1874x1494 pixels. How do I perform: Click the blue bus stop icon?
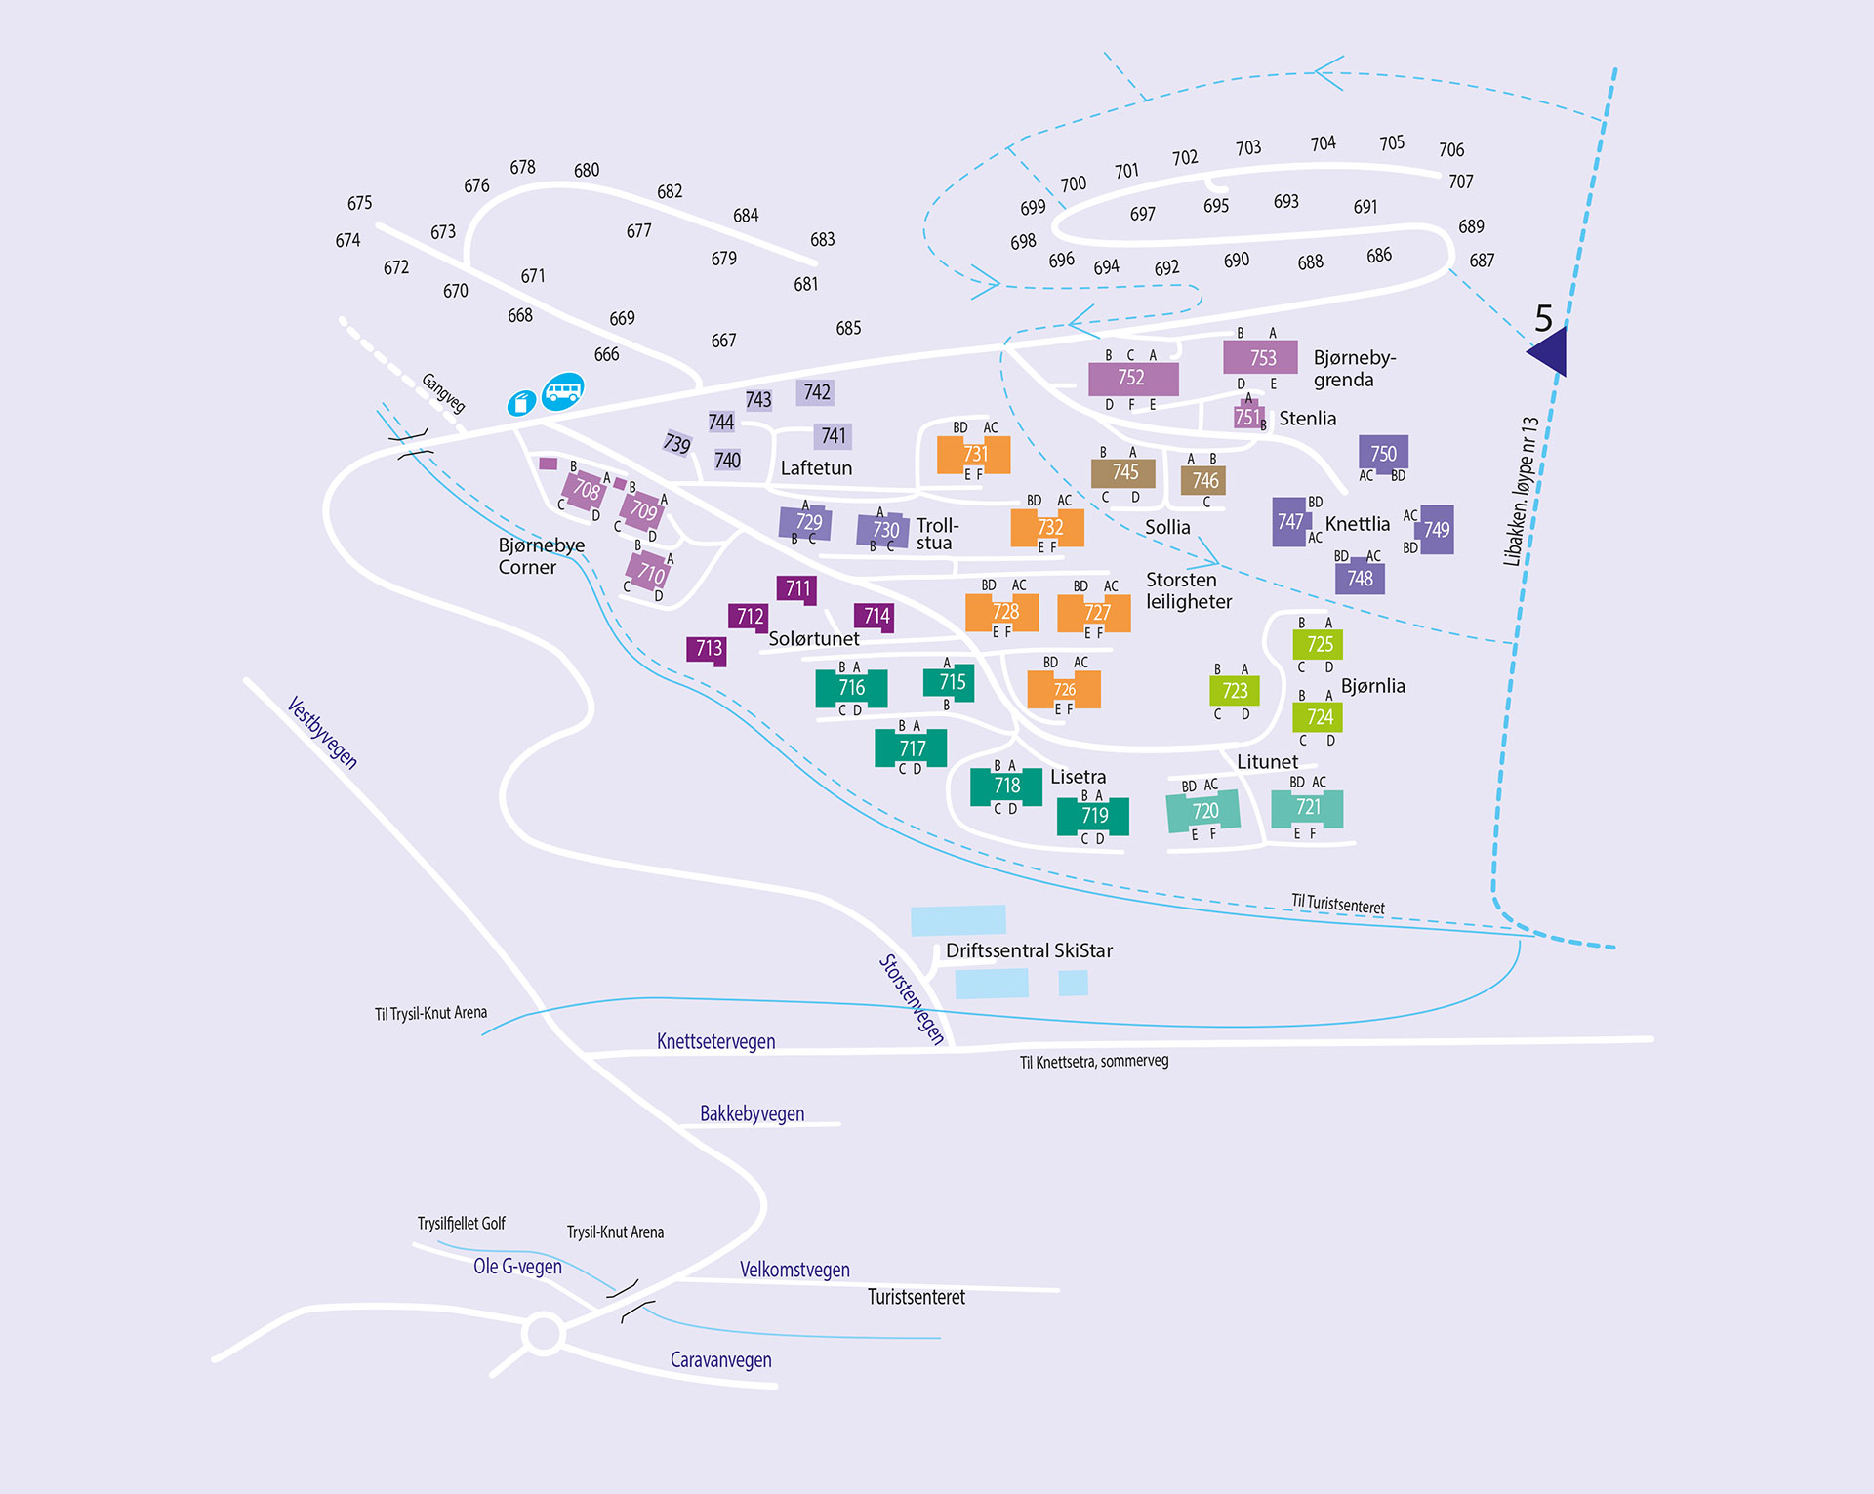tap(562, 391)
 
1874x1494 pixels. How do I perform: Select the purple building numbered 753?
tap(1261, 358)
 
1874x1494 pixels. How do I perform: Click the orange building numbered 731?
tap(974, 454)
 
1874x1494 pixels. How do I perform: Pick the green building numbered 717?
tap(912, 748)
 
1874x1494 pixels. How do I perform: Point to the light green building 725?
tap(1319, 644)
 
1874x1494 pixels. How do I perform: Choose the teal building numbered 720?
tap(1204, 811)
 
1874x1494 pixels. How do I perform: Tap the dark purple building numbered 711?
tap(797, 588)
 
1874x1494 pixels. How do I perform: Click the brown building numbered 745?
tap(1124, 472)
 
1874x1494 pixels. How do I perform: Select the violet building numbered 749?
tap(1437, 530)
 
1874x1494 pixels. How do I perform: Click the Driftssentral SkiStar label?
tap(1029, 950)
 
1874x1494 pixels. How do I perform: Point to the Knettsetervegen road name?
tap(715, 1041)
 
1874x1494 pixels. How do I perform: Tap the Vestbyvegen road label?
tap(322, 733)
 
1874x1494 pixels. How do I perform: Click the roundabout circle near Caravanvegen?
tap(543, 1333)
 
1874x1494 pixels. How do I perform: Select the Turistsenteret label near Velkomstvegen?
tap(916, 1297)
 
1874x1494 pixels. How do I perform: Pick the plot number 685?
tap(848, 328)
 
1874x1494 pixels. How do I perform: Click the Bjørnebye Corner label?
tap(541, 556)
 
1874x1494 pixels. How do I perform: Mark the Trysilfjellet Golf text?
tap(461, 1224)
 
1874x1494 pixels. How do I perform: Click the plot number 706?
tap(1450, 149)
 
